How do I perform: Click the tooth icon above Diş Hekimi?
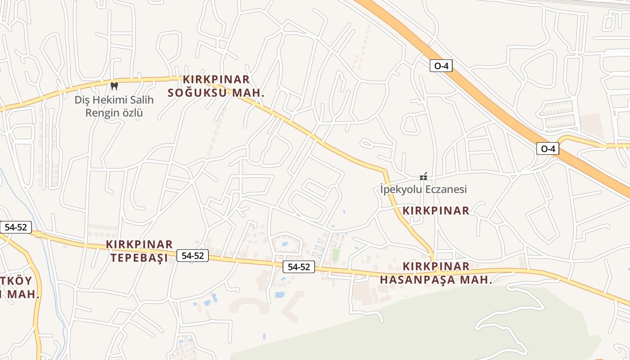(x=114, y=85)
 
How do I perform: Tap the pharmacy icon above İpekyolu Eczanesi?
(x=423, y=176)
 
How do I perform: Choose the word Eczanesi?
(x=445, y=189)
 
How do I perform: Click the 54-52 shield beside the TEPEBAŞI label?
(x=193, y=256)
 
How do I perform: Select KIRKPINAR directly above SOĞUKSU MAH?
(x=216, y=80)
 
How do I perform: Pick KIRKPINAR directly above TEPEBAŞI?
(x=139, y=244)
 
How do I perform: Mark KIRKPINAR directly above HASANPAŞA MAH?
(x=436, y=266)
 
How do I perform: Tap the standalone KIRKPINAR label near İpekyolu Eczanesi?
(x=436, y=210)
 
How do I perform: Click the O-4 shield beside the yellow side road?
(x=548, y=148)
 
